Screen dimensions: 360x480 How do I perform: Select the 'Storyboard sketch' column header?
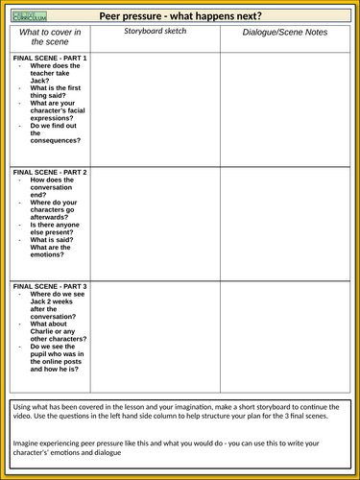[154, 32]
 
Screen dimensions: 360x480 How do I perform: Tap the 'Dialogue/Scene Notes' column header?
[287, 33]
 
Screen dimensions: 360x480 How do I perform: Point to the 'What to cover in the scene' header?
[50, 36]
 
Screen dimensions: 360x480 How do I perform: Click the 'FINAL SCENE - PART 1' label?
[50, 59]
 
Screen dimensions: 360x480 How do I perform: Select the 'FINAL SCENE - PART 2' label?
[50, 172]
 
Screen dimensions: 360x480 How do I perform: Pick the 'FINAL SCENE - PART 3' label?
[50, 286]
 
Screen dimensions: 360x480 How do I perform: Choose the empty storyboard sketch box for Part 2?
[154, 223]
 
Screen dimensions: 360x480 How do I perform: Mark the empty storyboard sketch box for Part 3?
[154, 332]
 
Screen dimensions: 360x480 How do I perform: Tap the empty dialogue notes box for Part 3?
[287, 332]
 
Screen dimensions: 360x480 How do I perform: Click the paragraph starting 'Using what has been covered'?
[180, 413]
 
